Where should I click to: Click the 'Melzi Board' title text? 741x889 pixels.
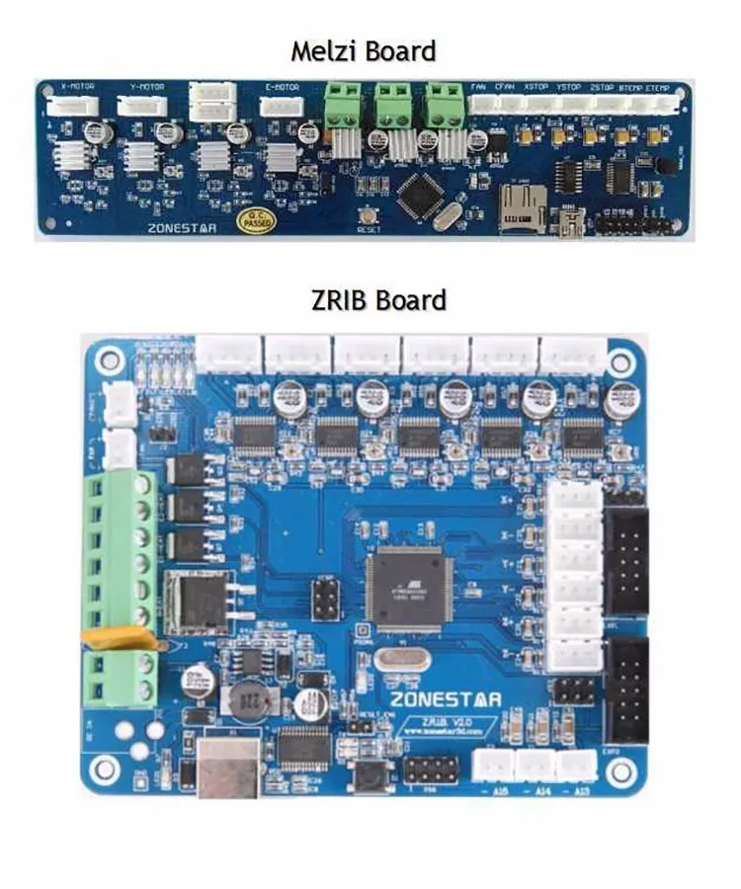click(x=363, y=50)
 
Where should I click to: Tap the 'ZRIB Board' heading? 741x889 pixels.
click(x=378, y=299)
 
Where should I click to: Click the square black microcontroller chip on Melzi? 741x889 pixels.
click(x=419, y=194)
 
